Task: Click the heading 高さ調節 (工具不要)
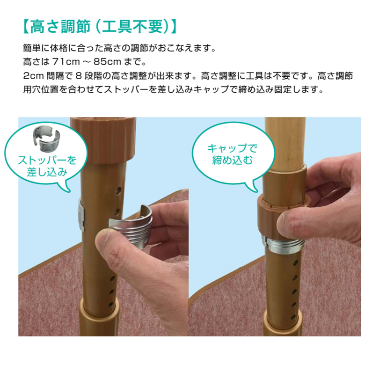(x=100, y=27)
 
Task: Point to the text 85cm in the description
(x=107, y=62)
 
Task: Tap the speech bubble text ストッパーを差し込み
(x=47, y=166)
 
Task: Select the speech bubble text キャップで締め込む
(x=232, y=154)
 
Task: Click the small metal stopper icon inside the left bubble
(x=46, y=139)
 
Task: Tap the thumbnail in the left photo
(x=108, y=240)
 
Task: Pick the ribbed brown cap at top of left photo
(x=103, y=139)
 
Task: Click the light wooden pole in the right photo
(x=285, y=142)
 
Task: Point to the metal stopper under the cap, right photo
(x=284, y=244)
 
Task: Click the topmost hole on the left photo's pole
(x=119, y=190)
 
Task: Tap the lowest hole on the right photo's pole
(x=294, y=317)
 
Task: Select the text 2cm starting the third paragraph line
(x=33, y=76)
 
